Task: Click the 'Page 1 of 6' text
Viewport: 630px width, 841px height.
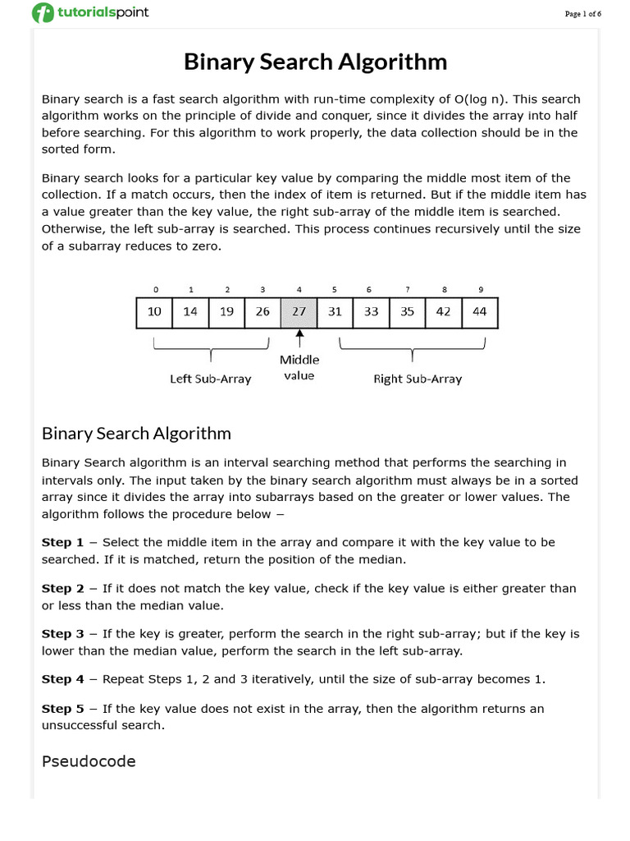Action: tap(584, 14)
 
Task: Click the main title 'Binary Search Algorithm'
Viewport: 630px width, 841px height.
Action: tap(315, 62)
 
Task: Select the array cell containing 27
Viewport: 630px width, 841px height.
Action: tap(299, 312)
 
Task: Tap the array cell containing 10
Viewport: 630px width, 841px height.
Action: tap(154, 312)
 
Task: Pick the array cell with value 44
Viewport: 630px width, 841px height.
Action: tap(479, 312)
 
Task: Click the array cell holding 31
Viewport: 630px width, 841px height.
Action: tap(335, 312)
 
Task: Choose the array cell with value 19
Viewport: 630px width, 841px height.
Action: tap(226, 312)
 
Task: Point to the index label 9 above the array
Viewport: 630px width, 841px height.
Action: tap(480, 289)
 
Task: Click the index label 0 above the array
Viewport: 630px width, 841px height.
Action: tap(155, 289)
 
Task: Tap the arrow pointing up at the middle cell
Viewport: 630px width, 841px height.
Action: tap(299, 338)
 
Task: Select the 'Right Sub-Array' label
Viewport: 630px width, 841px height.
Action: tap(418, 379)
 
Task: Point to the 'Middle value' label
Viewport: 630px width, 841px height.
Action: tap(299, 367)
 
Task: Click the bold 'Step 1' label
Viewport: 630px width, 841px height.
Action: tap(63, 542)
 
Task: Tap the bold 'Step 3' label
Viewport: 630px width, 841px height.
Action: tap(63, 634)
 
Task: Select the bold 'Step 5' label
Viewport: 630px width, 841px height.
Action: tap(63, 708)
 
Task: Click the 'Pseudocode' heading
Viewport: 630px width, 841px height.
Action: tap(89, 761)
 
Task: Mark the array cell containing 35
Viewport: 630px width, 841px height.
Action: tap(407, 312)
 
